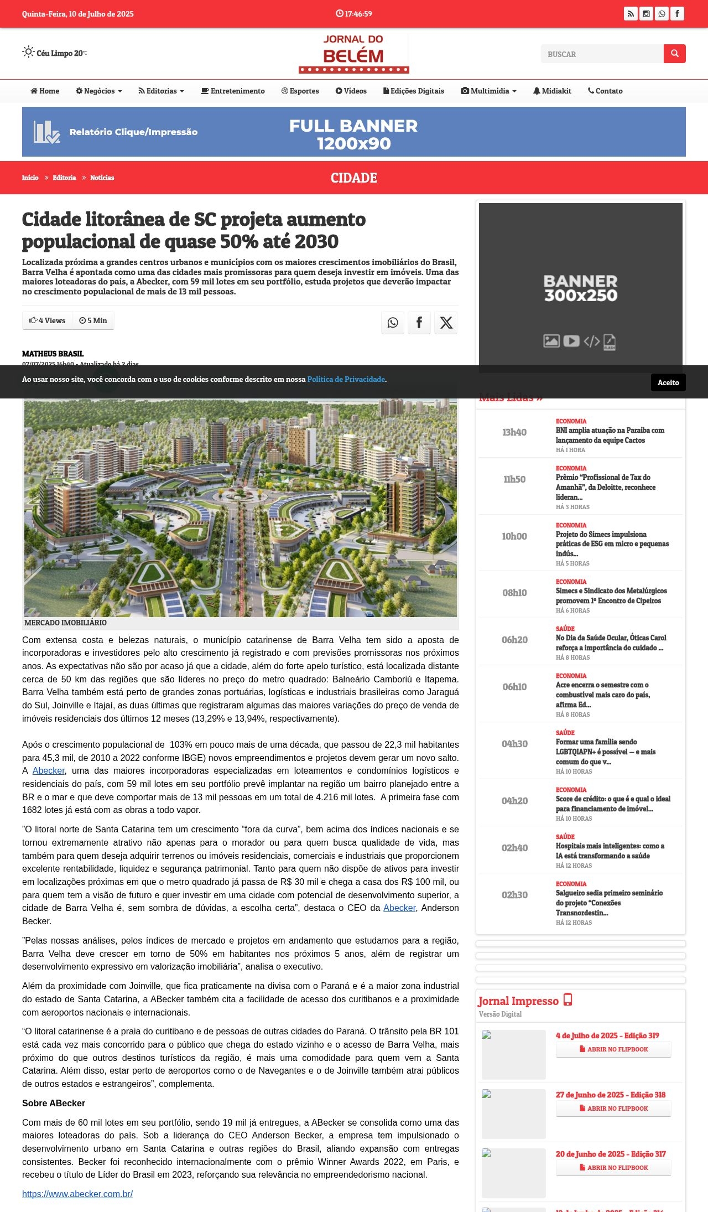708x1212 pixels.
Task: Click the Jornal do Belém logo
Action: (x=353, y=53)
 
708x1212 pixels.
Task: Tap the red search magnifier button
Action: (x=674, y=54)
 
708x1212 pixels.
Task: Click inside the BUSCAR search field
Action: (x=602, y=54)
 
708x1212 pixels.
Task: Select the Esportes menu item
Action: (x=300, y=91)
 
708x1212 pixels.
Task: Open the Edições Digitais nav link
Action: (x=414, y=91)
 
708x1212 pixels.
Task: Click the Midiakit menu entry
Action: (x=552, y=91)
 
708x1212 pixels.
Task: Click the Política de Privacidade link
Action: (x=346, y=380)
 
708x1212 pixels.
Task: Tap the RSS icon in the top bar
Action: (x=631, y=14)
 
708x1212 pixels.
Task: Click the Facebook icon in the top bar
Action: (x=677, y=14)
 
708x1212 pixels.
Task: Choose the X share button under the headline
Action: (x=446, y=323)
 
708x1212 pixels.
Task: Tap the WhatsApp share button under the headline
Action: (x=393, y=323)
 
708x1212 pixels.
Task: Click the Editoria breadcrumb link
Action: (x=64, y=178)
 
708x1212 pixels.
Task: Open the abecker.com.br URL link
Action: (x=77, y=1194)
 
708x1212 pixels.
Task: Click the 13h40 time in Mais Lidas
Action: (x=514, y=432)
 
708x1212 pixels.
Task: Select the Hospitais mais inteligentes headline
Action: (x=610, y=851)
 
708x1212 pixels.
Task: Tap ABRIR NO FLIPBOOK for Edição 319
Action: (x=613, y=1049)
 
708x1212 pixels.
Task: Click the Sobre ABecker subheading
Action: (x=54, y=1103)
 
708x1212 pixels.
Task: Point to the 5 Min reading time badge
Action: (x=93, y=320)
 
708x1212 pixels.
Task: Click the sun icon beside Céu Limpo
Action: (x=28, y=52)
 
